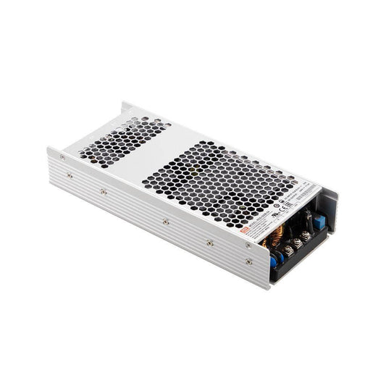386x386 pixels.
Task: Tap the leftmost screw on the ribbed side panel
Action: tap(63, 157)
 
